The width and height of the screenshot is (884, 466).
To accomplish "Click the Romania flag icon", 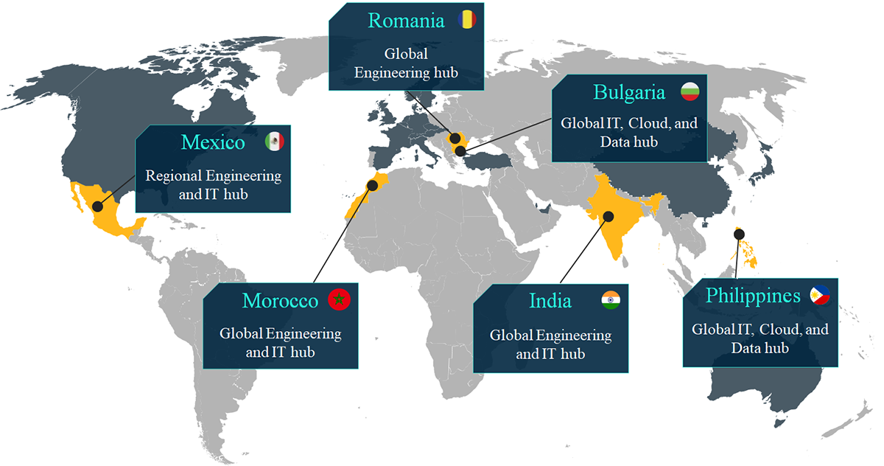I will click(x=466, y=19).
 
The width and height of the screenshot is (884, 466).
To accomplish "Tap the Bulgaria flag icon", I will click(x=690, y=91).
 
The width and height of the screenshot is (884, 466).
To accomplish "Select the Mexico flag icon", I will click(x=274, y=142).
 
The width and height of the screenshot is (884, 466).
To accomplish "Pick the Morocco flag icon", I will click(x=340, y=300).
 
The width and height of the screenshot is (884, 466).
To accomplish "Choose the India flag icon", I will click(x=611, y=299).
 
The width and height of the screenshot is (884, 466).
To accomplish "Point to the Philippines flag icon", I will click(x=819, y=296).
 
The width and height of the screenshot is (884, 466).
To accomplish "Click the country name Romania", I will click(x=407, y=20).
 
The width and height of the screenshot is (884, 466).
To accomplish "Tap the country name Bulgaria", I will click(x=629, y=92).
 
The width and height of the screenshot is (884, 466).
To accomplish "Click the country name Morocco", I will click(x=280, y=301).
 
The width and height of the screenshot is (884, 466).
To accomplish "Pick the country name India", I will click(x=550, y=301).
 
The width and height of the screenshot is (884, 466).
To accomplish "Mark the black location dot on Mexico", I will click(x=97, y=198).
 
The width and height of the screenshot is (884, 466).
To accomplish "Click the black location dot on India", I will click(x=609, y=216).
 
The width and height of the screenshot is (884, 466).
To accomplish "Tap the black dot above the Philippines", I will click(x=739, y=234).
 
